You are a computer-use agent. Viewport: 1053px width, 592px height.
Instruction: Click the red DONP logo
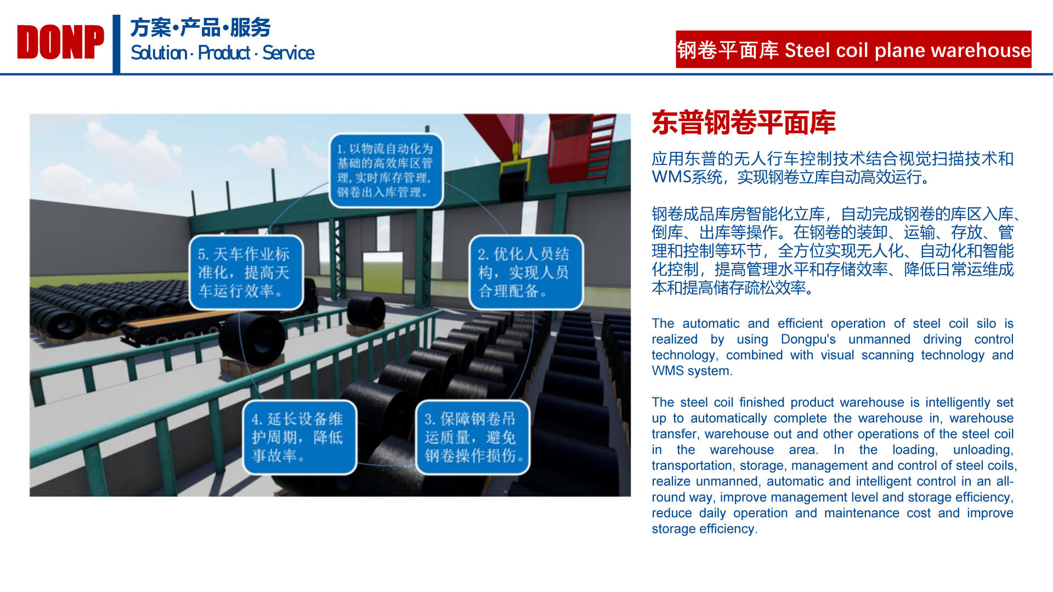(60, 42)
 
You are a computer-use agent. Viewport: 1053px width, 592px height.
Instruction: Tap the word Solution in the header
(158, 53)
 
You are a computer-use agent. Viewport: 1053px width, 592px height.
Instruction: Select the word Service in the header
(288, 53)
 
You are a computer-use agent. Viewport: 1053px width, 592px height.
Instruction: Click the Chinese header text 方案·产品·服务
(201, 27)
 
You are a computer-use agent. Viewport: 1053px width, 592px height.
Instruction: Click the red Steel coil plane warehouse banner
(853, 49)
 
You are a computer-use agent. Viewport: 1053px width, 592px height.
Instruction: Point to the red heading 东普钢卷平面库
(744, 122)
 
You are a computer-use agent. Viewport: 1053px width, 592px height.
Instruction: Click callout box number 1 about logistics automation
(386, 170)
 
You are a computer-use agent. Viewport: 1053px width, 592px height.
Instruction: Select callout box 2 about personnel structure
(525, 272)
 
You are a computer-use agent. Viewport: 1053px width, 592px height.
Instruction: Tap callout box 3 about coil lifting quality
(473, 437)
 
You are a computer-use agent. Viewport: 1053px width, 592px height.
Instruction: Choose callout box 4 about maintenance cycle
(300, 437)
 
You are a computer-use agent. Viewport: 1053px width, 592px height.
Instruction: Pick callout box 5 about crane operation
(246, 272)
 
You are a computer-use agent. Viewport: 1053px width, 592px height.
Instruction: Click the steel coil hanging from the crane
(512, 185)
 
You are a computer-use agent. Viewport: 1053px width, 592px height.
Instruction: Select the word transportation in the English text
(692, 465)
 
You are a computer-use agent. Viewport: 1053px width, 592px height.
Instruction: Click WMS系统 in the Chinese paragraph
(687, 177)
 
